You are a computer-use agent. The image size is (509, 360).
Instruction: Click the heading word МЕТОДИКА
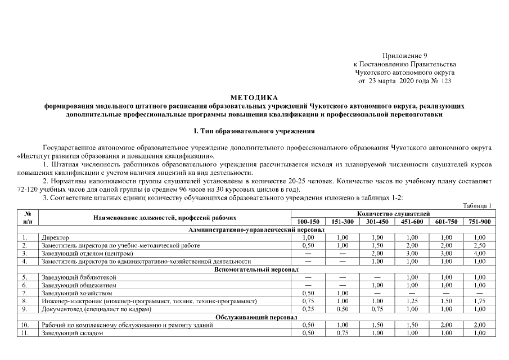coord(254,98)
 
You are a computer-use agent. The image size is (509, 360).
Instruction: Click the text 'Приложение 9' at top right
coord(405,56)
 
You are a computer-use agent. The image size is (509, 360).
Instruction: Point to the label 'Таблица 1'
coord(477,206)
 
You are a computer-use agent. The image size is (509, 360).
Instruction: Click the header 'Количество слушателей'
coord(393,214)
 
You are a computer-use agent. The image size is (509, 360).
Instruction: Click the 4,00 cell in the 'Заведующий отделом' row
coord(479,254)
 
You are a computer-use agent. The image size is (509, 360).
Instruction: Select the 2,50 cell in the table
coord(479,246)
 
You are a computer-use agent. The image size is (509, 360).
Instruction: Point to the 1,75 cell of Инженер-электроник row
coord(479,301)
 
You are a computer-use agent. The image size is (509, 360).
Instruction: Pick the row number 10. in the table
coord(24,325)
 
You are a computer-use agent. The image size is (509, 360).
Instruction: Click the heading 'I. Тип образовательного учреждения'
coord(254,131)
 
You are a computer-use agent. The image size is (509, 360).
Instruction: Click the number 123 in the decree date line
coord(447,81)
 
